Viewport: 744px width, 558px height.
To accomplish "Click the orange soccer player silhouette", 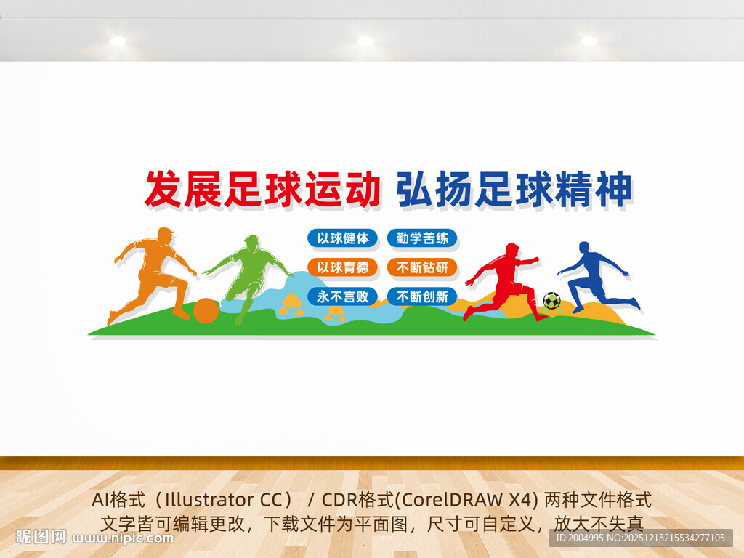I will coord(154,269).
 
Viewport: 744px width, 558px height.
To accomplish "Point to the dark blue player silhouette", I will coord(592,276).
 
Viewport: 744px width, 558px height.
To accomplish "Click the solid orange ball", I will coord(206,310).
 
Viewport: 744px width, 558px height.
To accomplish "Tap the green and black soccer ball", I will coord(551,300).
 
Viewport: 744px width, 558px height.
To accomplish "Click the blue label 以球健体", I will coord(342,238).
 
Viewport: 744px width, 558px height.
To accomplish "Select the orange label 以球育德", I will coord(342,267).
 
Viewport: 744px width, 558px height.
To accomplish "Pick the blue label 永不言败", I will coord(342,296).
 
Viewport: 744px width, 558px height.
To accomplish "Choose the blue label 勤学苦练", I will coord(422,238).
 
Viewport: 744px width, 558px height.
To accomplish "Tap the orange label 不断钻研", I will coord(422,267).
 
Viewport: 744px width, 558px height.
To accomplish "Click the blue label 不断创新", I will coord(422,296).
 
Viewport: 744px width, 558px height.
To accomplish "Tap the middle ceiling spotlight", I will coord(365,41).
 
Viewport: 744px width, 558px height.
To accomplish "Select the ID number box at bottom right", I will coord(639,538).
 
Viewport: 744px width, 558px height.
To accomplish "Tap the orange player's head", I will coord(165,235).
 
